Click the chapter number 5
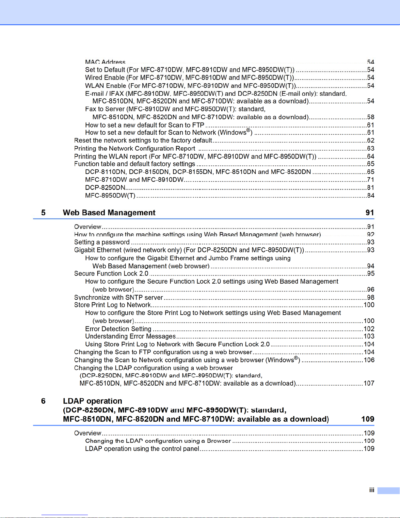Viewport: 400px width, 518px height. coord(43,213)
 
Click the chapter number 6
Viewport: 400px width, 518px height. coord(43,401)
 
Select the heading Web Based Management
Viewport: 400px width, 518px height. coord(109,213)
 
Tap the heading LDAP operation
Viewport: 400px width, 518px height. coord(92,401)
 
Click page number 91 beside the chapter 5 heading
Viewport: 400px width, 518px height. coord(370,213)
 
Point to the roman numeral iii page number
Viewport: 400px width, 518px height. coord(372,490)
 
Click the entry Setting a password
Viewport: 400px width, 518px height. coord(102,242)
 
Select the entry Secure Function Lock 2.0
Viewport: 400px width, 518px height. coord(111,274)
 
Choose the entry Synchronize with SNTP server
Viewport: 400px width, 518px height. coord(119,297)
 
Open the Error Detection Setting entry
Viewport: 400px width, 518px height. coord(118,329)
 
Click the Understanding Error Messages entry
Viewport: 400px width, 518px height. coord(130,336)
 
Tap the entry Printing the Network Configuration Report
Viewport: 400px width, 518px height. coord(135,148)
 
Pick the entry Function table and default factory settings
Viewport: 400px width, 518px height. coord(135,164)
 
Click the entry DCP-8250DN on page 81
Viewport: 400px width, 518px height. coord(105,188)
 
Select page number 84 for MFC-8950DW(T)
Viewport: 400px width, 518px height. coord(371,196)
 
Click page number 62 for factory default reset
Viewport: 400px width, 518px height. coord(371,141)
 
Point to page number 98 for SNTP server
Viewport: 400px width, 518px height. coord(371,297)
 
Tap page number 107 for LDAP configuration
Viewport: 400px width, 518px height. coord(369,383)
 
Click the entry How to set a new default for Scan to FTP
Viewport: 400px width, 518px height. coord(145,125)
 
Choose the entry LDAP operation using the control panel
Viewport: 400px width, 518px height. coord(142,449)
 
